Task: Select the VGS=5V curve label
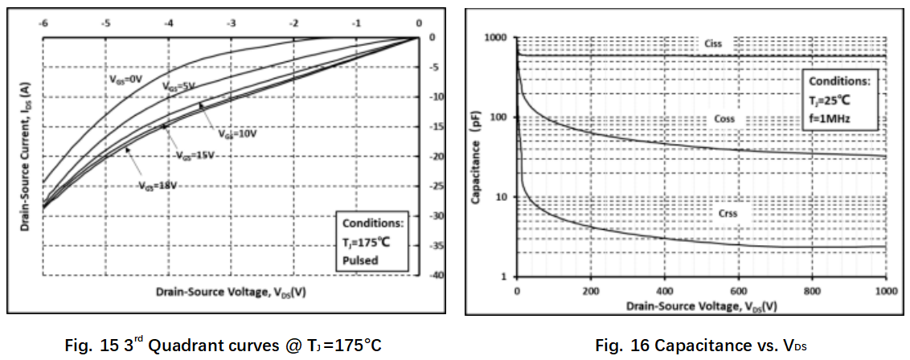178,86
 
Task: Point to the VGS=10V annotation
237,134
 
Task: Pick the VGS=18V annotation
158,186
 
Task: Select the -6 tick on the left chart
43,23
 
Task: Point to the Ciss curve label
713,43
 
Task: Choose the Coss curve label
724,119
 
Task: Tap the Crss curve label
728,213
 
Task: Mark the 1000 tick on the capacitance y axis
499,38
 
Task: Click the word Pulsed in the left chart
360,261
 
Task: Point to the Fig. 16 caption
701,346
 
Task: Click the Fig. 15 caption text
223,346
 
